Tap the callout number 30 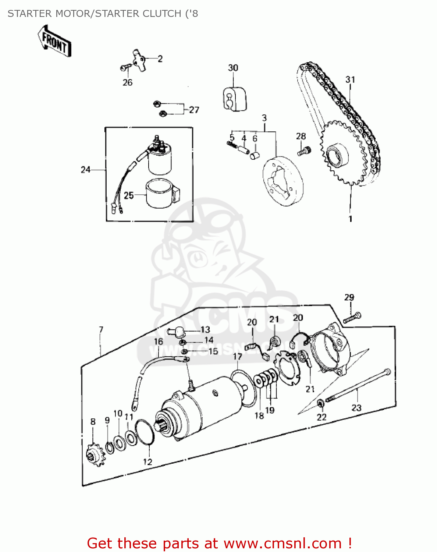click(233, 68)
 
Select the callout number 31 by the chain click(350, 79)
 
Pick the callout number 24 click(85, 170)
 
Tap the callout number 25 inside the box click(128, 195)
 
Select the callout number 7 click(101, 329)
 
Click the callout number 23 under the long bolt click(356, 408)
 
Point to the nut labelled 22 click(320, 404)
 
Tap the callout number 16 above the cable click(158, 342)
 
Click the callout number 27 click(194, 110)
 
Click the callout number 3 click(264, 118)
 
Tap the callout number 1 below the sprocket click(350, 219)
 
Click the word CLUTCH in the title click(161, 14)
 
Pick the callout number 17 click(238, 357)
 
